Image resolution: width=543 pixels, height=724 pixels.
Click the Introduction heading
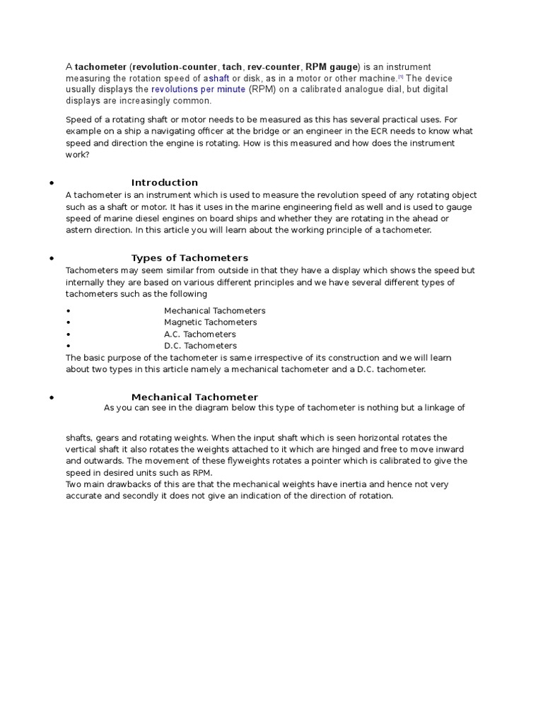click(164, 182)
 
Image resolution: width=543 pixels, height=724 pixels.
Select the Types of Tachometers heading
click(189, 258)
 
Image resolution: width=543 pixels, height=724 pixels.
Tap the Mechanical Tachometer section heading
click(194, 397)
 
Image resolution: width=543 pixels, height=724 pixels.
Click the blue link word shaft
click(218, 78)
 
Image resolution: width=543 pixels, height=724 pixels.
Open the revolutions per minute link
click(198, 90)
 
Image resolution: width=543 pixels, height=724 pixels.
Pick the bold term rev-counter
click(272, 66)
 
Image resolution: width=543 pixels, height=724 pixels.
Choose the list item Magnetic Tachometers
click(210, 322)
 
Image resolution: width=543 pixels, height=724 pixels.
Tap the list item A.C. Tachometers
click(199, 334)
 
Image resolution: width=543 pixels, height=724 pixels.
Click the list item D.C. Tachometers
click(200, 346)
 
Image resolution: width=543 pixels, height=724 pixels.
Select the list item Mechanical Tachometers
click(214, 311)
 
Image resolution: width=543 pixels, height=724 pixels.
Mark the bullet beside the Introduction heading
click(52, 183)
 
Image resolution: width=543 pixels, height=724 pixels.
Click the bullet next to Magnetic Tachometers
click(68, 323)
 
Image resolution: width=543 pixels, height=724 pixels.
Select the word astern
click(79, 230)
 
